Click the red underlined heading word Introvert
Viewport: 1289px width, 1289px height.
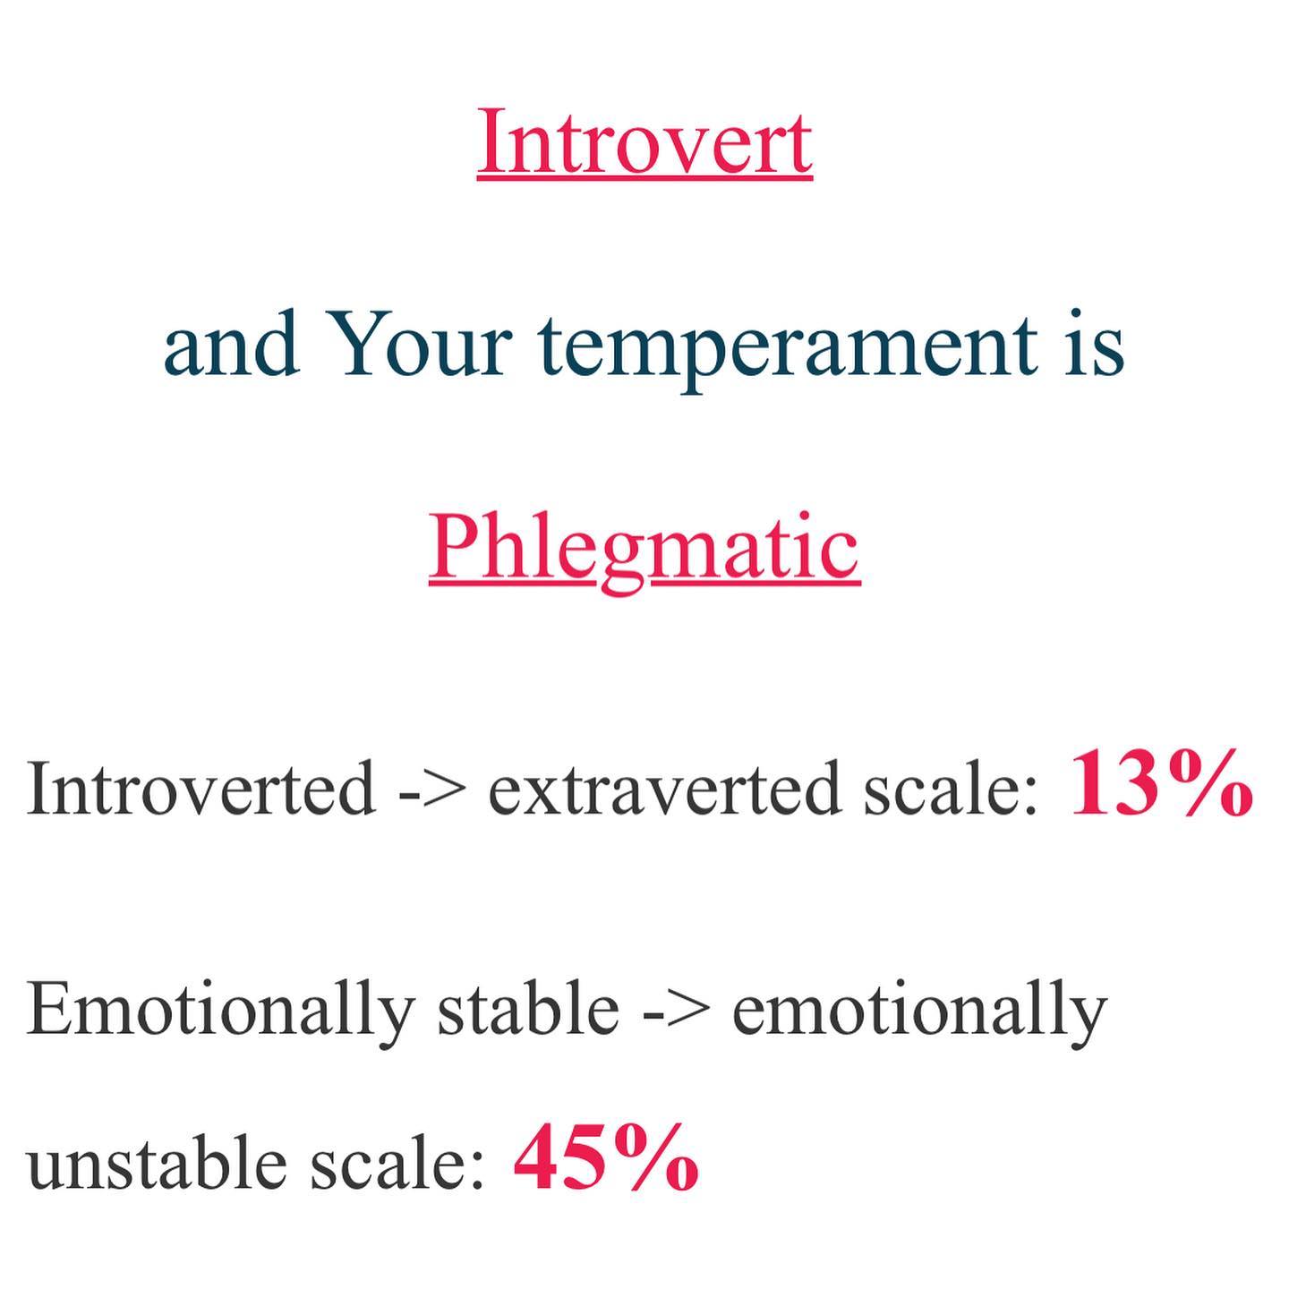coord(644,141)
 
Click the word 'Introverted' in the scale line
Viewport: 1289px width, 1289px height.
coord(201,788)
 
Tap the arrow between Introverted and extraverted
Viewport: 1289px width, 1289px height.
coord(433,792)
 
